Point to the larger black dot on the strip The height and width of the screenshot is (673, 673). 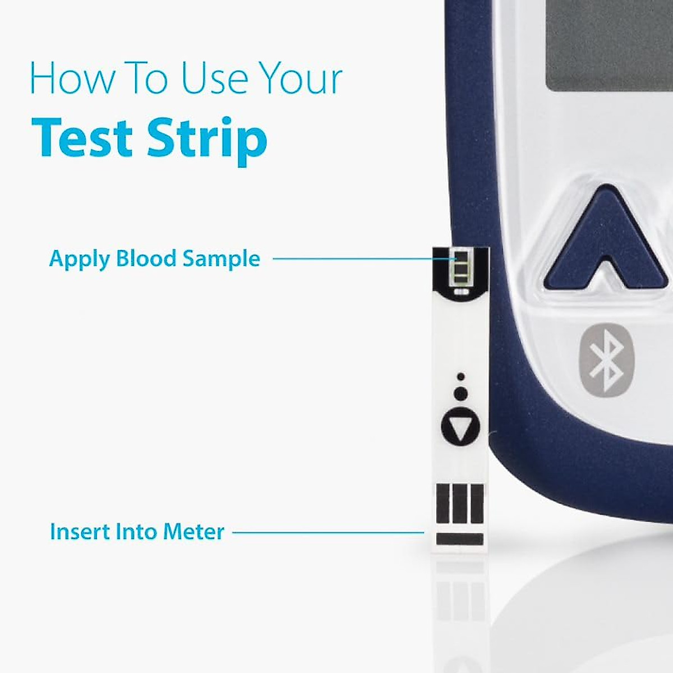(x=460, y=394)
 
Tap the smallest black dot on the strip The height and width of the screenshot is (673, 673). (x=460, y=376)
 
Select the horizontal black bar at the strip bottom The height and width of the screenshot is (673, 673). (x=459, y=540)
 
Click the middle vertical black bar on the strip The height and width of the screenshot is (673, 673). (x=460, y=503)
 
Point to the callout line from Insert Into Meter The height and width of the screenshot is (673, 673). (x=328, y=532)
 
